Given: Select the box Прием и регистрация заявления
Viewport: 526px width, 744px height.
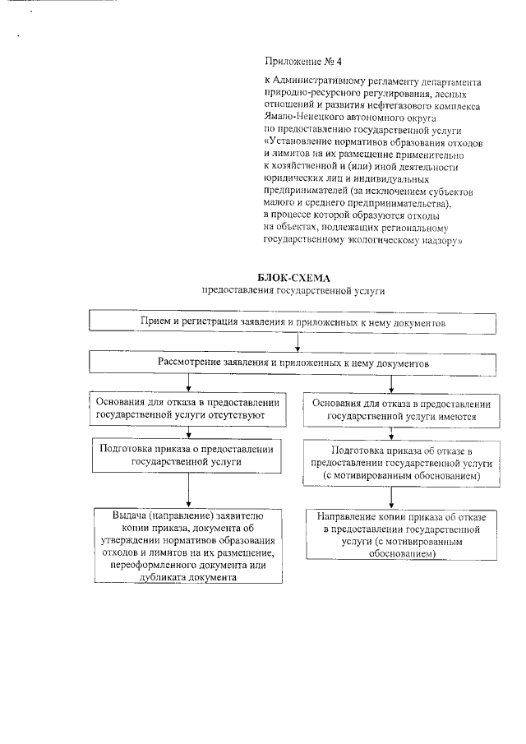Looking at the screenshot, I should pyautogui.click(x=293, y=324).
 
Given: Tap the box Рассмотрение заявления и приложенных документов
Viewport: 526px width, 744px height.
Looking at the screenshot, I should pyautogui.click(x=293, y=361).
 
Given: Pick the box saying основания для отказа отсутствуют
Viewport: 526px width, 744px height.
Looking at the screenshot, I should pyautogui.click(x=189, y=409).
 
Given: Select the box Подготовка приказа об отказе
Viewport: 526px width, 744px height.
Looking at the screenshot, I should pyautogui.click(x=402, y=463).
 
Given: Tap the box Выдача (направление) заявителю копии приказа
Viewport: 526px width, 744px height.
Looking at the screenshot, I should pyautogui.click(x=189, y=546).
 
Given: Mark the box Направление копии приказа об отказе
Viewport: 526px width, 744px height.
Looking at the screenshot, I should pyautogui.click(x=402, y=534).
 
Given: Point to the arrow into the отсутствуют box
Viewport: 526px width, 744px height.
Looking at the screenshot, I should pyautogui.click(x=189, y=383).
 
